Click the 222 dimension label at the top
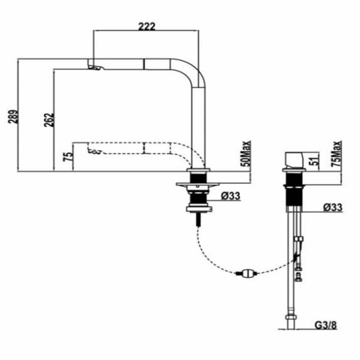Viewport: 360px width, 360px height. pos(146,26)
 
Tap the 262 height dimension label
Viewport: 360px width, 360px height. pos(48,119)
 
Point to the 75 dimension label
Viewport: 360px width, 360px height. pos(68,157)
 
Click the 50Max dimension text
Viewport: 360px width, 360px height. pos(246,154)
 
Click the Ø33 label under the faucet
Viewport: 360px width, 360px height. pos(230,196)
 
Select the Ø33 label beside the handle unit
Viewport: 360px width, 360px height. pos(333,207)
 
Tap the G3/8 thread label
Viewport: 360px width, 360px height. pos(326,324)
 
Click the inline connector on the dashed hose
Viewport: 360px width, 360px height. pos(246,272)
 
